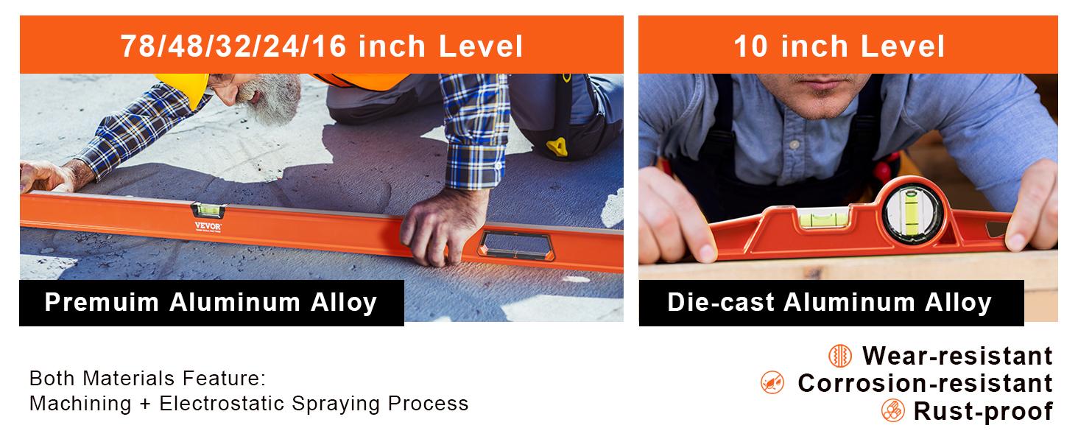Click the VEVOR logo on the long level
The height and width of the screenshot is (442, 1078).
(208, 226)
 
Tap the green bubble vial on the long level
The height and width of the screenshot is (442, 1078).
(208, 210)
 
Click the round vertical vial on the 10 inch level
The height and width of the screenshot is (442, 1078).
(912, 213)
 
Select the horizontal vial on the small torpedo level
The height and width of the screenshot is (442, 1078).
(823, 218)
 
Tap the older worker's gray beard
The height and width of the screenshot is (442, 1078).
(272, 100)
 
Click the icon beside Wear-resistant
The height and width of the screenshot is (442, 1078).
(839, 356)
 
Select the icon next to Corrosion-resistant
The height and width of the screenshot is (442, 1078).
(772, 383)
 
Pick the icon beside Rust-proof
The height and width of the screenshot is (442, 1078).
(892, 411)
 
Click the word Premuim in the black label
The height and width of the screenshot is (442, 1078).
(102, 302)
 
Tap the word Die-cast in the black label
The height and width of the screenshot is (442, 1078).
(720, 302)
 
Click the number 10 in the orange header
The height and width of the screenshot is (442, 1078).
(750, 46)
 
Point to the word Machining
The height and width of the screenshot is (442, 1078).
(80, 404)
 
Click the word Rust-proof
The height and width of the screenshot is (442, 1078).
(983, 412)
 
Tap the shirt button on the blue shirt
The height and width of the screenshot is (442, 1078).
(795, 144)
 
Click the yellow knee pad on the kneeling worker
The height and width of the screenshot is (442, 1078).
(557, 147)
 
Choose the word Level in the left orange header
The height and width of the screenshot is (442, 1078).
(480, 46)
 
